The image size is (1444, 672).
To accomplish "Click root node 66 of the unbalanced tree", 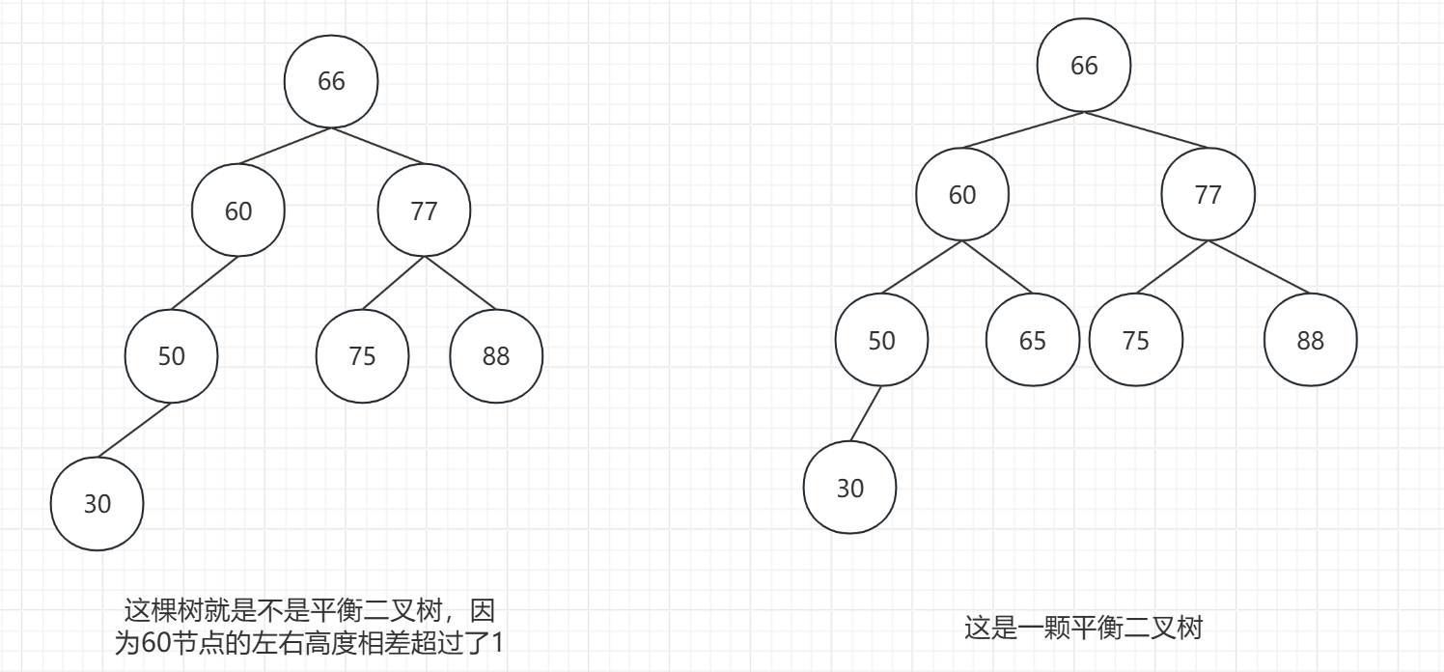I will click(331, 81).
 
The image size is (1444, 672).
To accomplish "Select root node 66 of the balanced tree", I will click(1084, 65).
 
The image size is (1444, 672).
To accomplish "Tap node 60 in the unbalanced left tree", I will click(238, 210).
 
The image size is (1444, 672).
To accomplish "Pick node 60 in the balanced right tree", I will click(962, 195).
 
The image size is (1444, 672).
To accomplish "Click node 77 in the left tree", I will click(424, 210).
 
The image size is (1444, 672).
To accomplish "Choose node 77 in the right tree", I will click(1208, 195).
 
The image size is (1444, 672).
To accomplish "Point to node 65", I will click(1032, 340).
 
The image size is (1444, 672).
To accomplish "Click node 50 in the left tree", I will click(171, 355).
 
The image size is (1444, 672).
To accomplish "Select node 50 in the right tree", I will click(881, 340).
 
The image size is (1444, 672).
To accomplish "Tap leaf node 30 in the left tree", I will click(97, 503).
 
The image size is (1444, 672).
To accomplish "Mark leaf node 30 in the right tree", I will click(849, 488).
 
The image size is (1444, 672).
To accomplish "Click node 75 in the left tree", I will click(362, 355).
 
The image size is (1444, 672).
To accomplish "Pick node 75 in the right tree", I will click(1136, 340).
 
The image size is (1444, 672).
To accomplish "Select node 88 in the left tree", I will click(496, 355).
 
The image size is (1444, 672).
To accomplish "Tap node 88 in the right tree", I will click(1311, 340).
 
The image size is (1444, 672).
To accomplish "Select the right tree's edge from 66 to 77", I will click(1147, 129).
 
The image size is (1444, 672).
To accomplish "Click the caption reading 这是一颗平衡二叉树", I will click(1084, 629).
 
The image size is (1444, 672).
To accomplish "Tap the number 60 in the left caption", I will click(154, 641).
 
